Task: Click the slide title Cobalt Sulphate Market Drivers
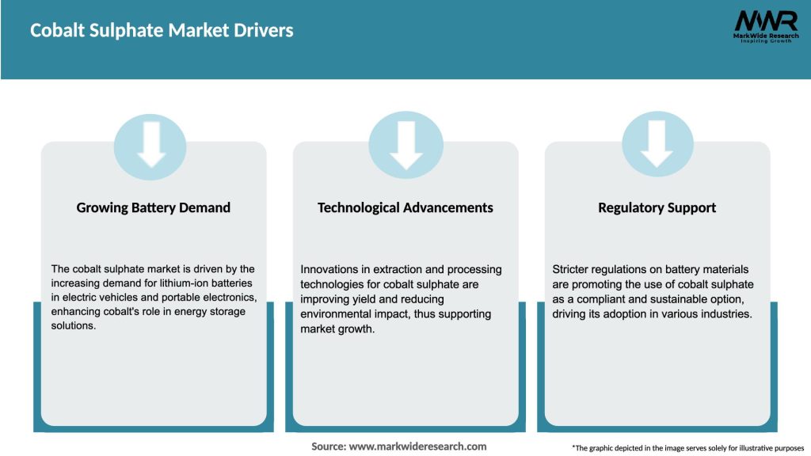click(162, 31)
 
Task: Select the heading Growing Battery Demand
click(154, 207)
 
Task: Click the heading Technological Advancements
click(405, 207)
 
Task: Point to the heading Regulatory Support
click(657, 207)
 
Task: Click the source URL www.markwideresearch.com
click(419, 446)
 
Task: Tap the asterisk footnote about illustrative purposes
click(687, 448)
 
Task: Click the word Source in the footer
click(328, 446)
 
